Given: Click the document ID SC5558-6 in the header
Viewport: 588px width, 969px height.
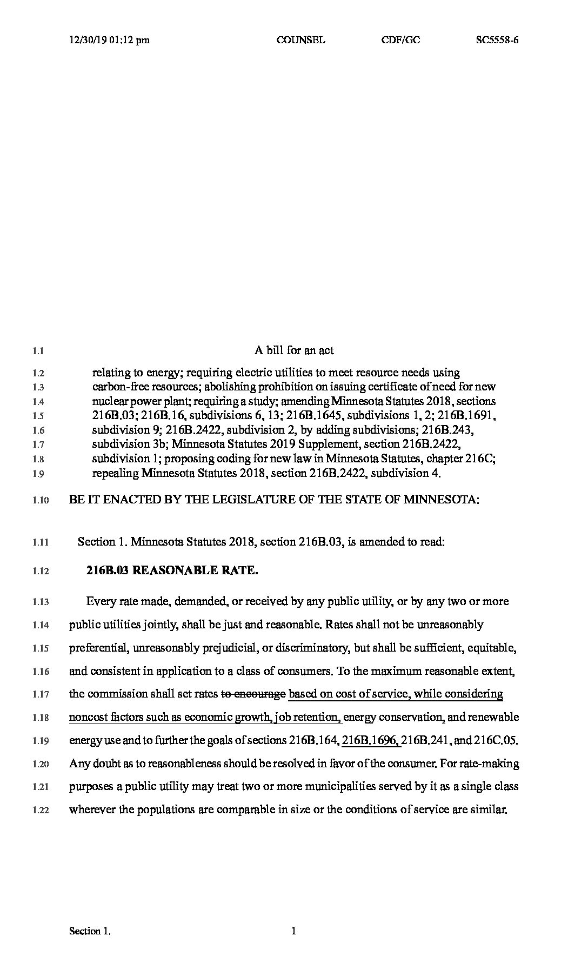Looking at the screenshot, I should tap(497, 39).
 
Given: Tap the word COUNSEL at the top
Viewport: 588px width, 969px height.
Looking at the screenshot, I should tap(300, 39).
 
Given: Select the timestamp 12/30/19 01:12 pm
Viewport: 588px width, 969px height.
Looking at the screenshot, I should tap(110, 39).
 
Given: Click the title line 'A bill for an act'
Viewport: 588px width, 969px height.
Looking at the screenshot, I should tap(294, 350).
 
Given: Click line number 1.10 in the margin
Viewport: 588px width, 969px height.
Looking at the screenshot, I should tap(41, 500).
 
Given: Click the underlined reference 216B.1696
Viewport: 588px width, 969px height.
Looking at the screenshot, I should tap(371, 740).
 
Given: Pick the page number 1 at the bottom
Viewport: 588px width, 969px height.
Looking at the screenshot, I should tap(294, 931).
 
